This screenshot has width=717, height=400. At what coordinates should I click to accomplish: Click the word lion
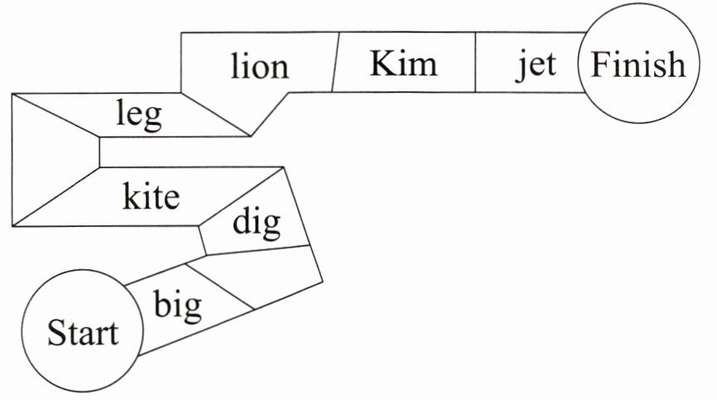260,66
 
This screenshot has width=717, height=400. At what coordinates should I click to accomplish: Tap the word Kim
402,63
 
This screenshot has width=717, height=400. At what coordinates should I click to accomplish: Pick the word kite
152,197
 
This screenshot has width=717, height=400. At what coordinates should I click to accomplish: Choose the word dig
256,222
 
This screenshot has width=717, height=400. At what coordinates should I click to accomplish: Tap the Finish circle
638,65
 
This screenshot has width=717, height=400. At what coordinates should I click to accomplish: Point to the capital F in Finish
599,65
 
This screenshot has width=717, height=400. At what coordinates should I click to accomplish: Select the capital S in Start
55,335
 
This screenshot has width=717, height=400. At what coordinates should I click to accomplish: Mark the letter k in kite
131,196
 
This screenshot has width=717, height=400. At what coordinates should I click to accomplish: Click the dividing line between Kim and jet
475,63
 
